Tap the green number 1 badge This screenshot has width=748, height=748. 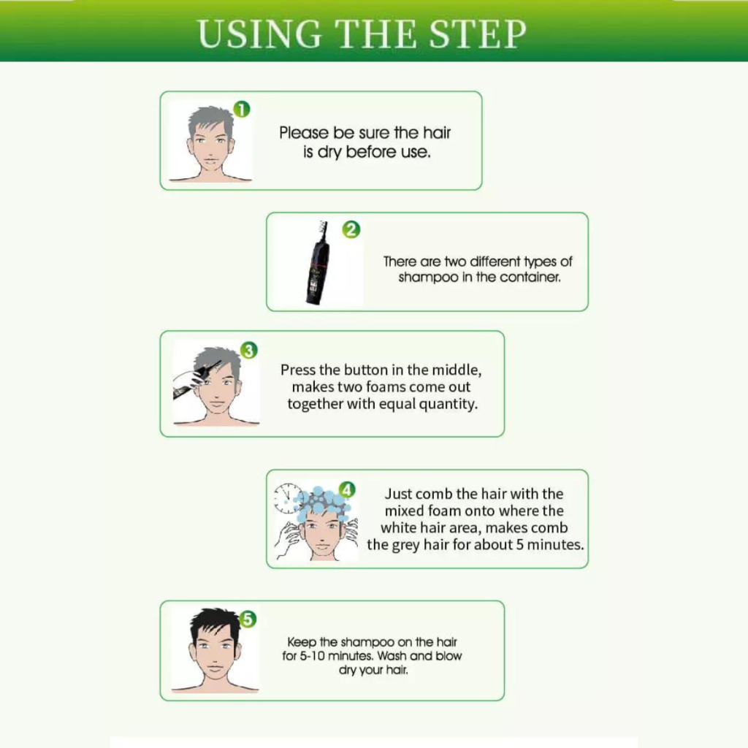(242, 110)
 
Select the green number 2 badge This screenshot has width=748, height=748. (351, 229)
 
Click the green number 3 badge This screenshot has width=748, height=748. (248, 350)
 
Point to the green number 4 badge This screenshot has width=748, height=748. (347, 489)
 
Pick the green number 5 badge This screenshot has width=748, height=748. (248, 619)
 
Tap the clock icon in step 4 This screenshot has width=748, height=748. (288, 498)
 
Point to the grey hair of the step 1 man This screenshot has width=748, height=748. (210, 122)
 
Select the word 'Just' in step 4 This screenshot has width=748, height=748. (399, 493)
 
